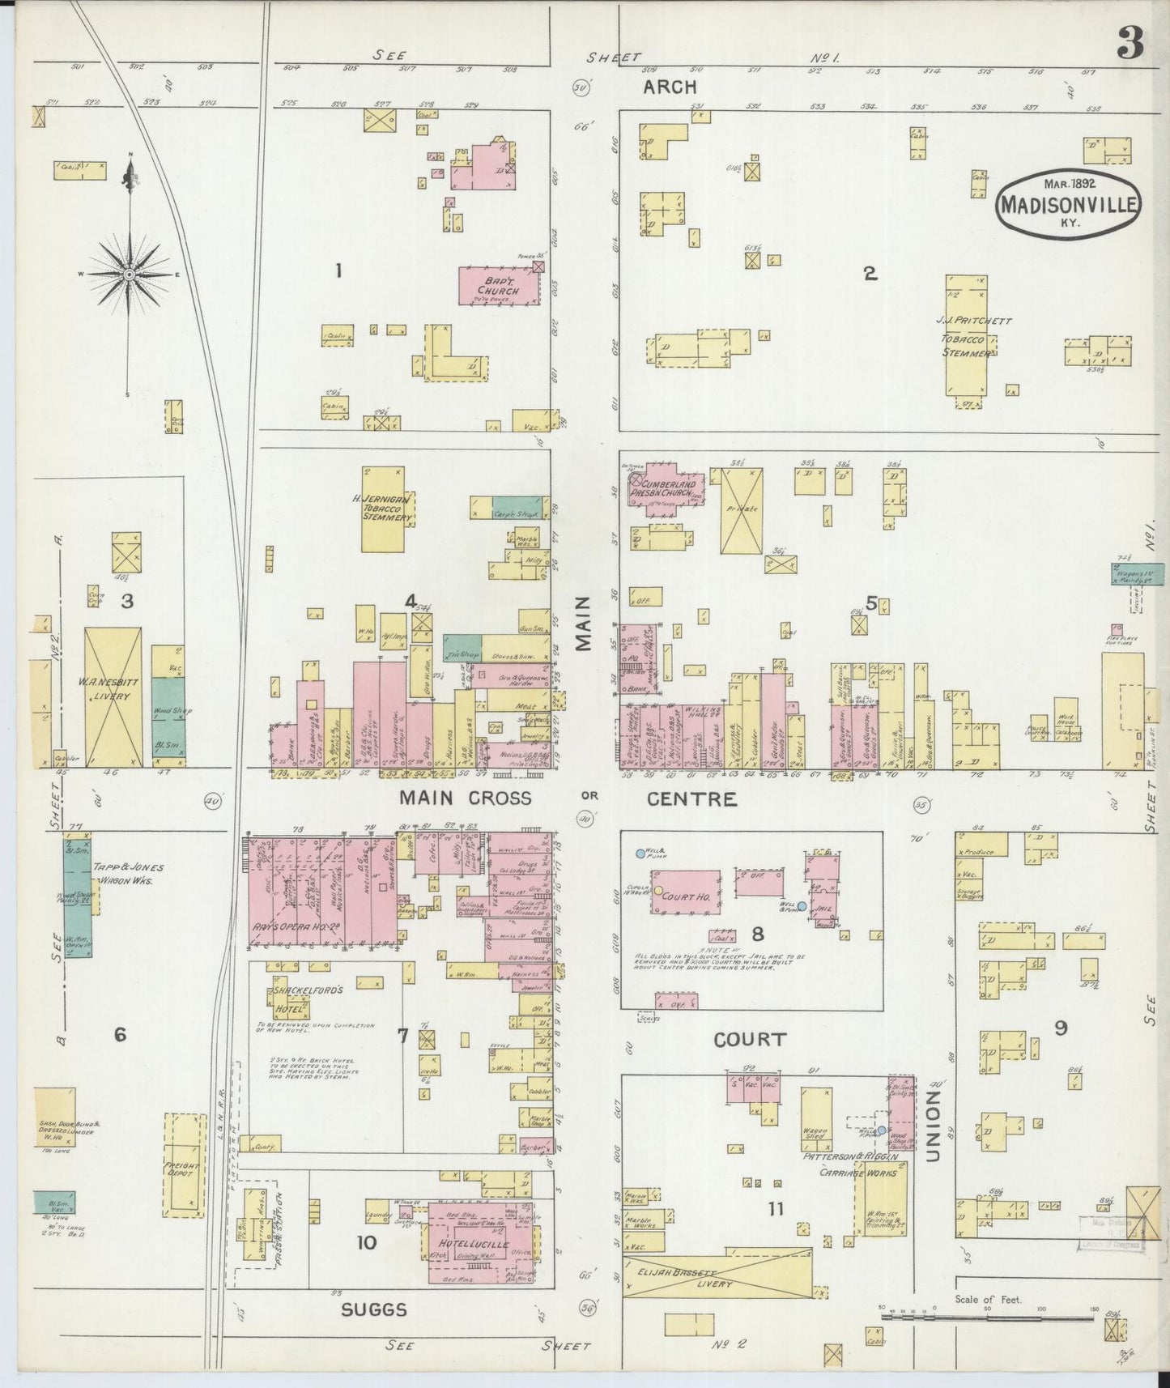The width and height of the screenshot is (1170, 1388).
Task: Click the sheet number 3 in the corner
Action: [x=1130, y=45]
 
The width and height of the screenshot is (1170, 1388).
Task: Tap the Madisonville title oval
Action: [x=1067, y=204]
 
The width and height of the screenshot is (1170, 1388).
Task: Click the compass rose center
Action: [x=129, y=275]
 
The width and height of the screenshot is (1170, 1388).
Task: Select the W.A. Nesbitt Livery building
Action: [x=113, y=697]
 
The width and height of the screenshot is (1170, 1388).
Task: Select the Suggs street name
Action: [x=373, y=1309]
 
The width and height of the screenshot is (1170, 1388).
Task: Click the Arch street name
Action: [x=670, y=87]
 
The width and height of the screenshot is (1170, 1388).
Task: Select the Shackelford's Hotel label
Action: [x=296, y=1000]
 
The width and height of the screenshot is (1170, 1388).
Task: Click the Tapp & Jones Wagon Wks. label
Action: [x=128, y=874]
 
